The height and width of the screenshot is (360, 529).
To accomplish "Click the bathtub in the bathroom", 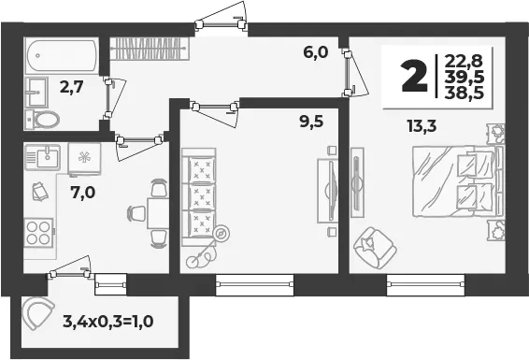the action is click(x=62, y=56).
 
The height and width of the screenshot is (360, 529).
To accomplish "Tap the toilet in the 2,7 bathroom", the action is click(x=43, y=119).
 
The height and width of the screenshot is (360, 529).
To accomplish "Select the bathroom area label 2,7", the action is click(x=71, y=87).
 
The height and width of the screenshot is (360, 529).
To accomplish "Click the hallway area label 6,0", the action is click(x=316, y=52).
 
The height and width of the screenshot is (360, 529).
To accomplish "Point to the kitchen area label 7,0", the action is click(x=83, y=193).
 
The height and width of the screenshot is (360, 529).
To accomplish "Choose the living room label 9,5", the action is click(x=311, y=122).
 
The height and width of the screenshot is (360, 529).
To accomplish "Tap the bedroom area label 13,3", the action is click(x=422, y=126).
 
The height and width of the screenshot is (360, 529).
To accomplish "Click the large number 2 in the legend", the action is click(x=414, y=78).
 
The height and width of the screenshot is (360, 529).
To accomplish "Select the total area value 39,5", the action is click(x=465, y=78).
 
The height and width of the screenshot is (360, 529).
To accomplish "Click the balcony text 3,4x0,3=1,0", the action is click(x=108, y=321).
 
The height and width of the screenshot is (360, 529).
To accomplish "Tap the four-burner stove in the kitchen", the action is click(x=38, y=233).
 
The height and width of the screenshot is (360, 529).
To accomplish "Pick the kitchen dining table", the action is click(x=158, y=213).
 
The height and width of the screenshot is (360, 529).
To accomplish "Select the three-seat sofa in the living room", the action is click(x=199, y=196).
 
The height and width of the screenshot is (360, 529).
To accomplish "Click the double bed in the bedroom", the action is click(x=459, y=181).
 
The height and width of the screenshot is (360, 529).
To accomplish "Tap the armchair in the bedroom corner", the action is click(x=375, y=247).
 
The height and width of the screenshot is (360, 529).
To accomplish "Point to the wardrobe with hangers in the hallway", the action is click(x=150, y=49).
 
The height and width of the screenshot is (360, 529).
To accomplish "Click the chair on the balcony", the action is click(x=37, y=313).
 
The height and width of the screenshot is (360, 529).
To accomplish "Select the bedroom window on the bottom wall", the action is click(x=425, y=285).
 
